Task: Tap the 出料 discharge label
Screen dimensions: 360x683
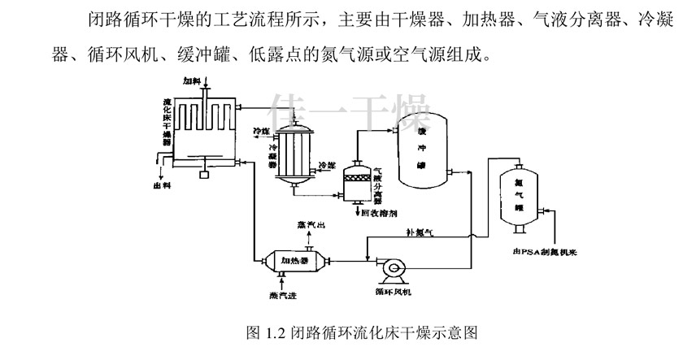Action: pos(162,186)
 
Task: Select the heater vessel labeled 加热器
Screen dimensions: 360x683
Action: pos(294,261)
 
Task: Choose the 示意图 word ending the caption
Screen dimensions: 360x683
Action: pos(455,332)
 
